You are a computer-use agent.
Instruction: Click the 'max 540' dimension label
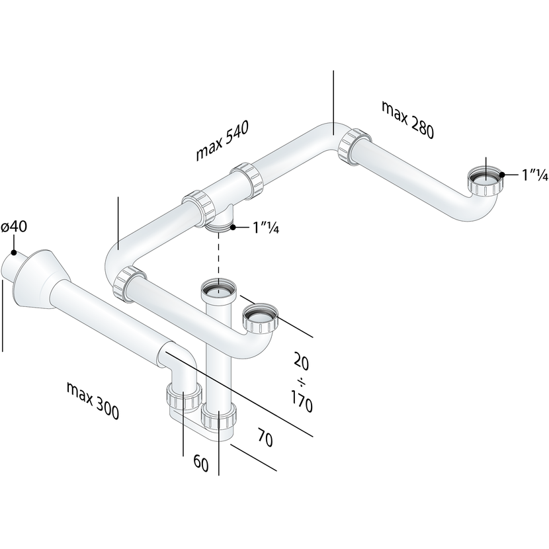[x=222, y=140]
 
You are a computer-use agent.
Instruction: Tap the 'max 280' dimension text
[x=407, y=120]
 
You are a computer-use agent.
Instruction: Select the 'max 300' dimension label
[x=93, y=401]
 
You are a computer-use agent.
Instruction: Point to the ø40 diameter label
[x=14, y=227]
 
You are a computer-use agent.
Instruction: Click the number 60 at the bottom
[x=201, y=464]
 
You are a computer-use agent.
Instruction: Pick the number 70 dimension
[x=265, y=437]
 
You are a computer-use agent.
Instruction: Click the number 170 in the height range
[x=302, y=401]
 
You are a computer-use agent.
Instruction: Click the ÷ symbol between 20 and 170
[x=302, y=382]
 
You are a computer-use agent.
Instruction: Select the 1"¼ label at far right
[x=534, y=175]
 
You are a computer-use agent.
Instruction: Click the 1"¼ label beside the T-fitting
[x=266, y=228]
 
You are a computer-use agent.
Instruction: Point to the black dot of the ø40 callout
[x=14, y=252]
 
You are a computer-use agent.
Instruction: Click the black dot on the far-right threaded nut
[x=502, y=175]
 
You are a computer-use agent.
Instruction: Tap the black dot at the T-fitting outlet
[x=233, y=228]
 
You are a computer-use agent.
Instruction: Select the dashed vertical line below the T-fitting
[x=219, y=255]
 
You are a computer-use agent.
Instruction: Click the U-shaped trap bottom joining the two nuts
[x=200, y=423]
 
